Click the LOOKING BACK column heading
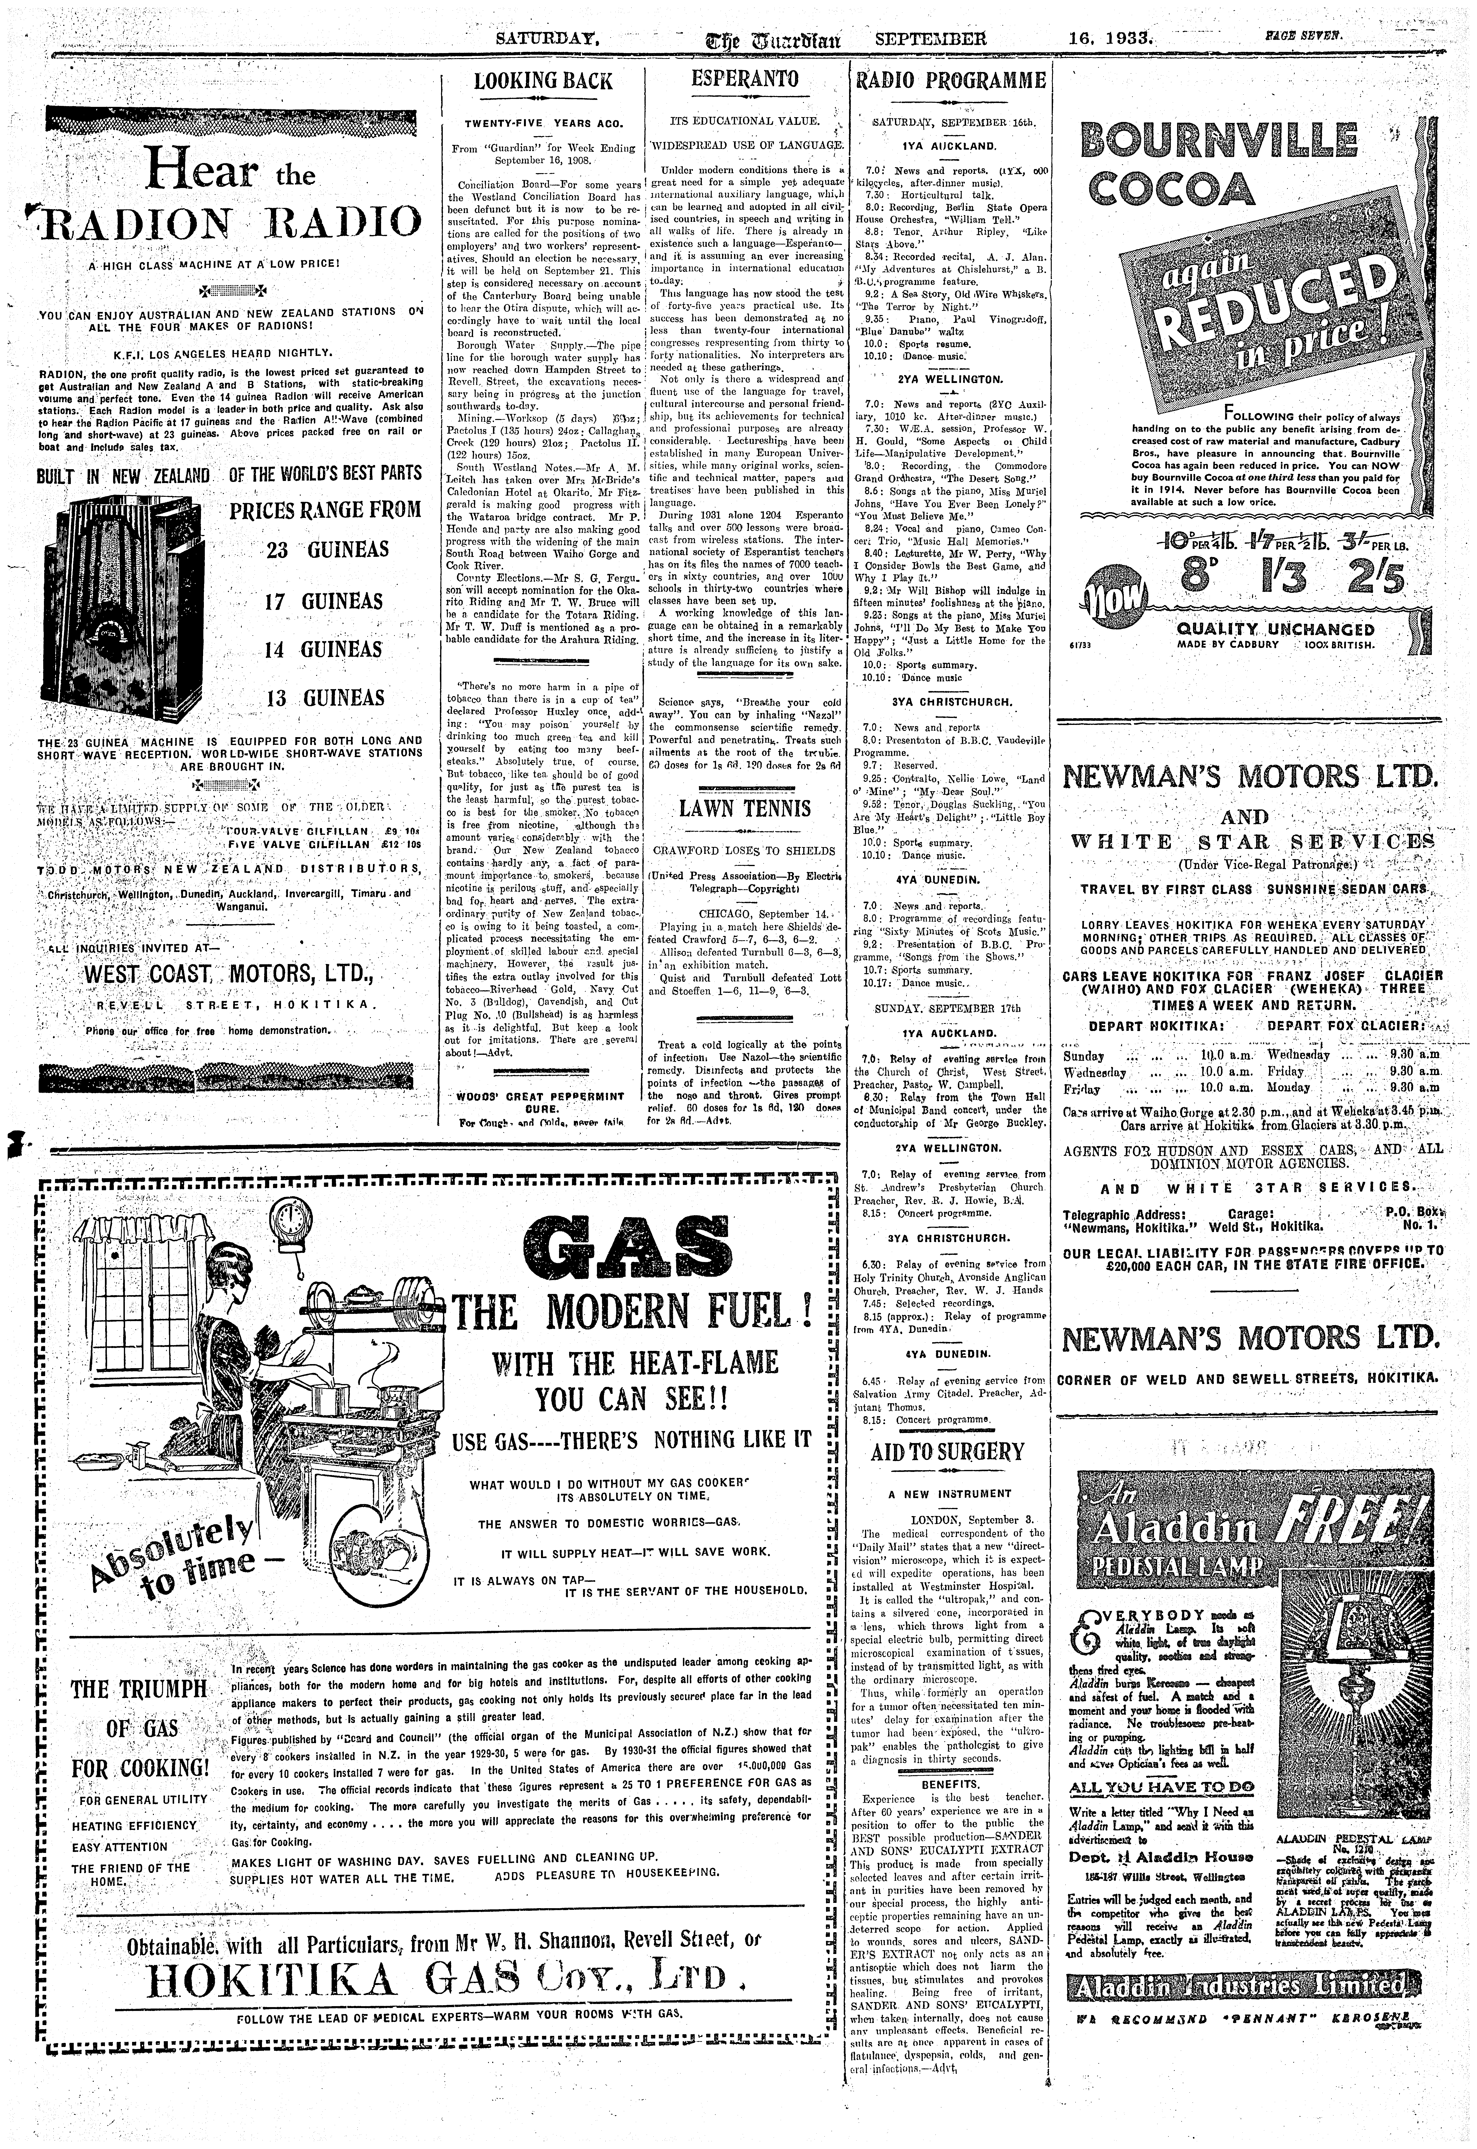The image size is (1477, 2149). click(543, 81)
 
